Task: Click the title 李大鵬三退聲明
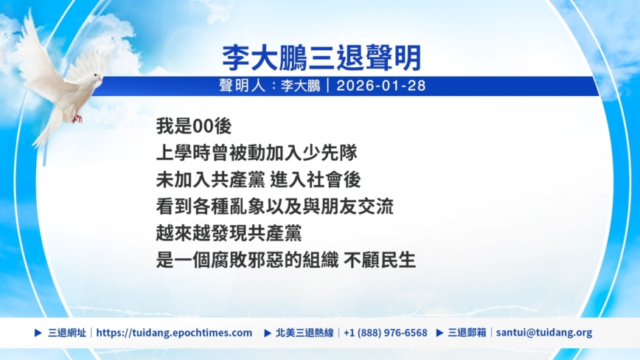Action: coord(321,58)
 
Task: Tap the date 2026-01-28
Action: coord(380,86)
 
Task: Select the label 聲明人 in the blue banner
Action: coord(243,86)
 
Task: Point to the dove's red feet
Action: coord(77,119)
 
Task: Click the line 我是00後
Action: coord(194,126)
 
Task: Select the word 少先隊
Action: coord(330,153)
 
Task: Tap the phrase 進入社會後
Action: coord(316,180)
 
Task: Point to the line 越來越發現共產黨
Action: coord(229,233)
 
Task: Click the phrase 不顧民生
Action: coord(380,260)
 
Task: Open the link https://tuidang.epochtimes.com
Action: coord(174,333)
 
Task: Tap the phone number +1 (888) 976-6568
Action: coord(386,333)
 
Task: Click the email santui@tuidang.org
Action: coord(544,333)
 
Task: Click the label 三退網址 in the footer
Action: coord(67,333)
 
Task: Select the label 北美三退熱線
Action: coord(305,333)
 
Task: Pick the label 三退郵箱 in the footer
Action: coord(467,333)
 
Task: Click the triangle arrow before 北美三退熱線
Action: coord(268,333)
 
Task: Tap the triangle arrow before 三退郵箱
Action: coord(439,333)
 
